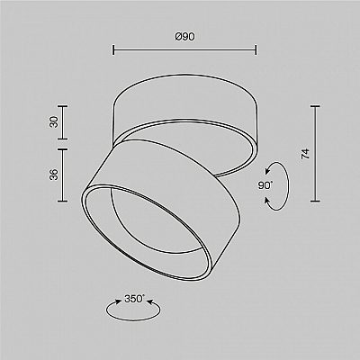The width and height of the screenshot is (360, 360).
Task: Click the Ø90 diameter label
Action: click(184, 37)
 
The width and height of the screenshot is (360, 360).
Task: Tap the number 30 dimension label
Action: click(54, 122)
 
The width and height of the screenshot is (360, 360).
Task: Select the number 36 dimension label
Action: click(54, 175)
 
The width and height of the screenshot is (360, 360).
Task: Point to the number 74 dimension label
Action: click(305, 154)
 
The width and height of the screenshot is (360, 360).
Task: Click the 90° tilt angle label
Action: click(265, 185)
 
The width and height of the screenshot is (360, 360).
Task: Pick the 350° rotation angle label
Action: click(134, 299)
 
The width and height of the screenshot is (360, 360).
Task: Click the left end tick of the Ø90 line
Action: click(113, 50)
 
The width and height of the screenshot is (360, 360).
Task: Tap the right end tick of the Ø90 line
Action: click(256, 50)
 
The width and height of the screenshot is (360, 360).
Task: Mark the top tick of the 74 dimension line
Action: click(315, 106)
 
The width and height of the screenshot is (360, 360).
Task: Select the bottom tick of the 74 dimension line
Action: click(315, 201)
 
